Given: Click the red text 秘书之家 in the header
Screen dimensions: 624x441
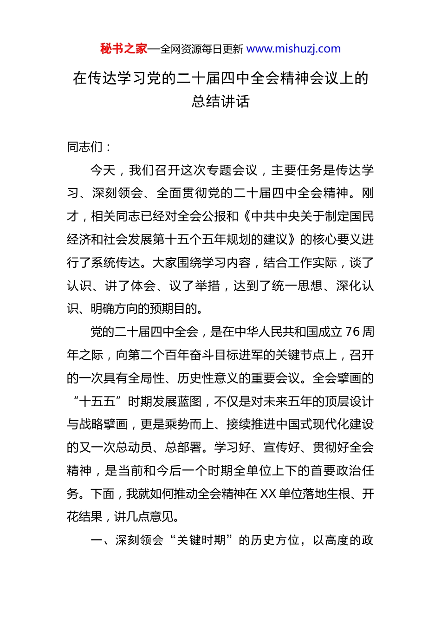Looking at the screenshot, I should [123, 49].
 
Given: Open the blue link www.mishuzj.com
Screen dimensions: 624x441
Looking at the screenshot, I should [293, 49].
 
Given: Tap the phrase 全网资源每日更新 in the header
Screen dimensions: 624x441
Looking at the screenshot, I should [201, 49].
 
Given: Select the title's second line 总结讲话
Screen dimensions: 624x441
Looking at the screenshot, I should [220, 101].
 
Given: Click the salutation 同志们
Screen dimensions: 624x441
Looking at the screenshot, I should [85, 147].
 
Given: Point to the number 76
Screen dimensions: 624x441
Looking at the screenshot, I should [352, 332].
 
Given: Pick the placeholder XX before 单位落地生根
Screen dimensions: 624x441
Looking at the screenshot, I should [268, 494].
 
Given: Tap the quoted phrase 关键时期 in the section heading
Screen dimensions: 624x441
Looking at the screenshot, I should [201, 540].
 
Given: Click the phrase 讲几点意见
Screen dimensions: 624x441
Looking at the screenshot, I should [144, 517].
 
